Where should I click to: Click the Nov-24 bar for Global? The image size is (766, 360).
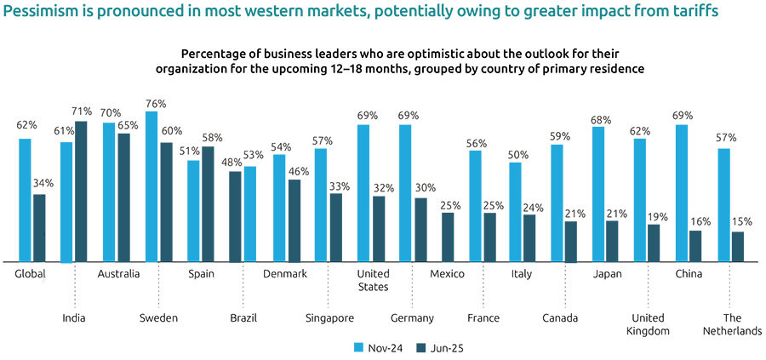point(25,200)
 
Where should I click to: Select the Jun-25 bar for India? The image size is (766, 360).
point(81,191)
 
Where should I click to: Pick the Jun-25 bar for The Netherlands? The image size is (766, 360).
point(737,246)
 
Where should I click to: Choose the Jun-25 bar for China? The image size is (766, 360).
point(695,245)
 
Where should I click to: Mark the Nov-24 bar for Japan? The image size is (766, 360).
point(598,194)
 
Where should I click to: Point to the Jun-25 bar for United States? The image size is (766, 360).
point(378,228)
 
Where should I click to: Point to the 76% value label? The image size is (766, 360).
point(156,103)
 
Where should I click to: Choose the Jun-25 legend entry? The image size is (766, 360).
point(440,347)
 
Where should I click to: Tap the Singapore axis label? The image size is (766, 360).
point(329,318)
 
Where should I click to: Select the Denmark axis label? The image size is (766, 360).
point(285,273)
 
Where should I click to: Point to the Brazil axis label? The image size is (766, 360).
point(243,318)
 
